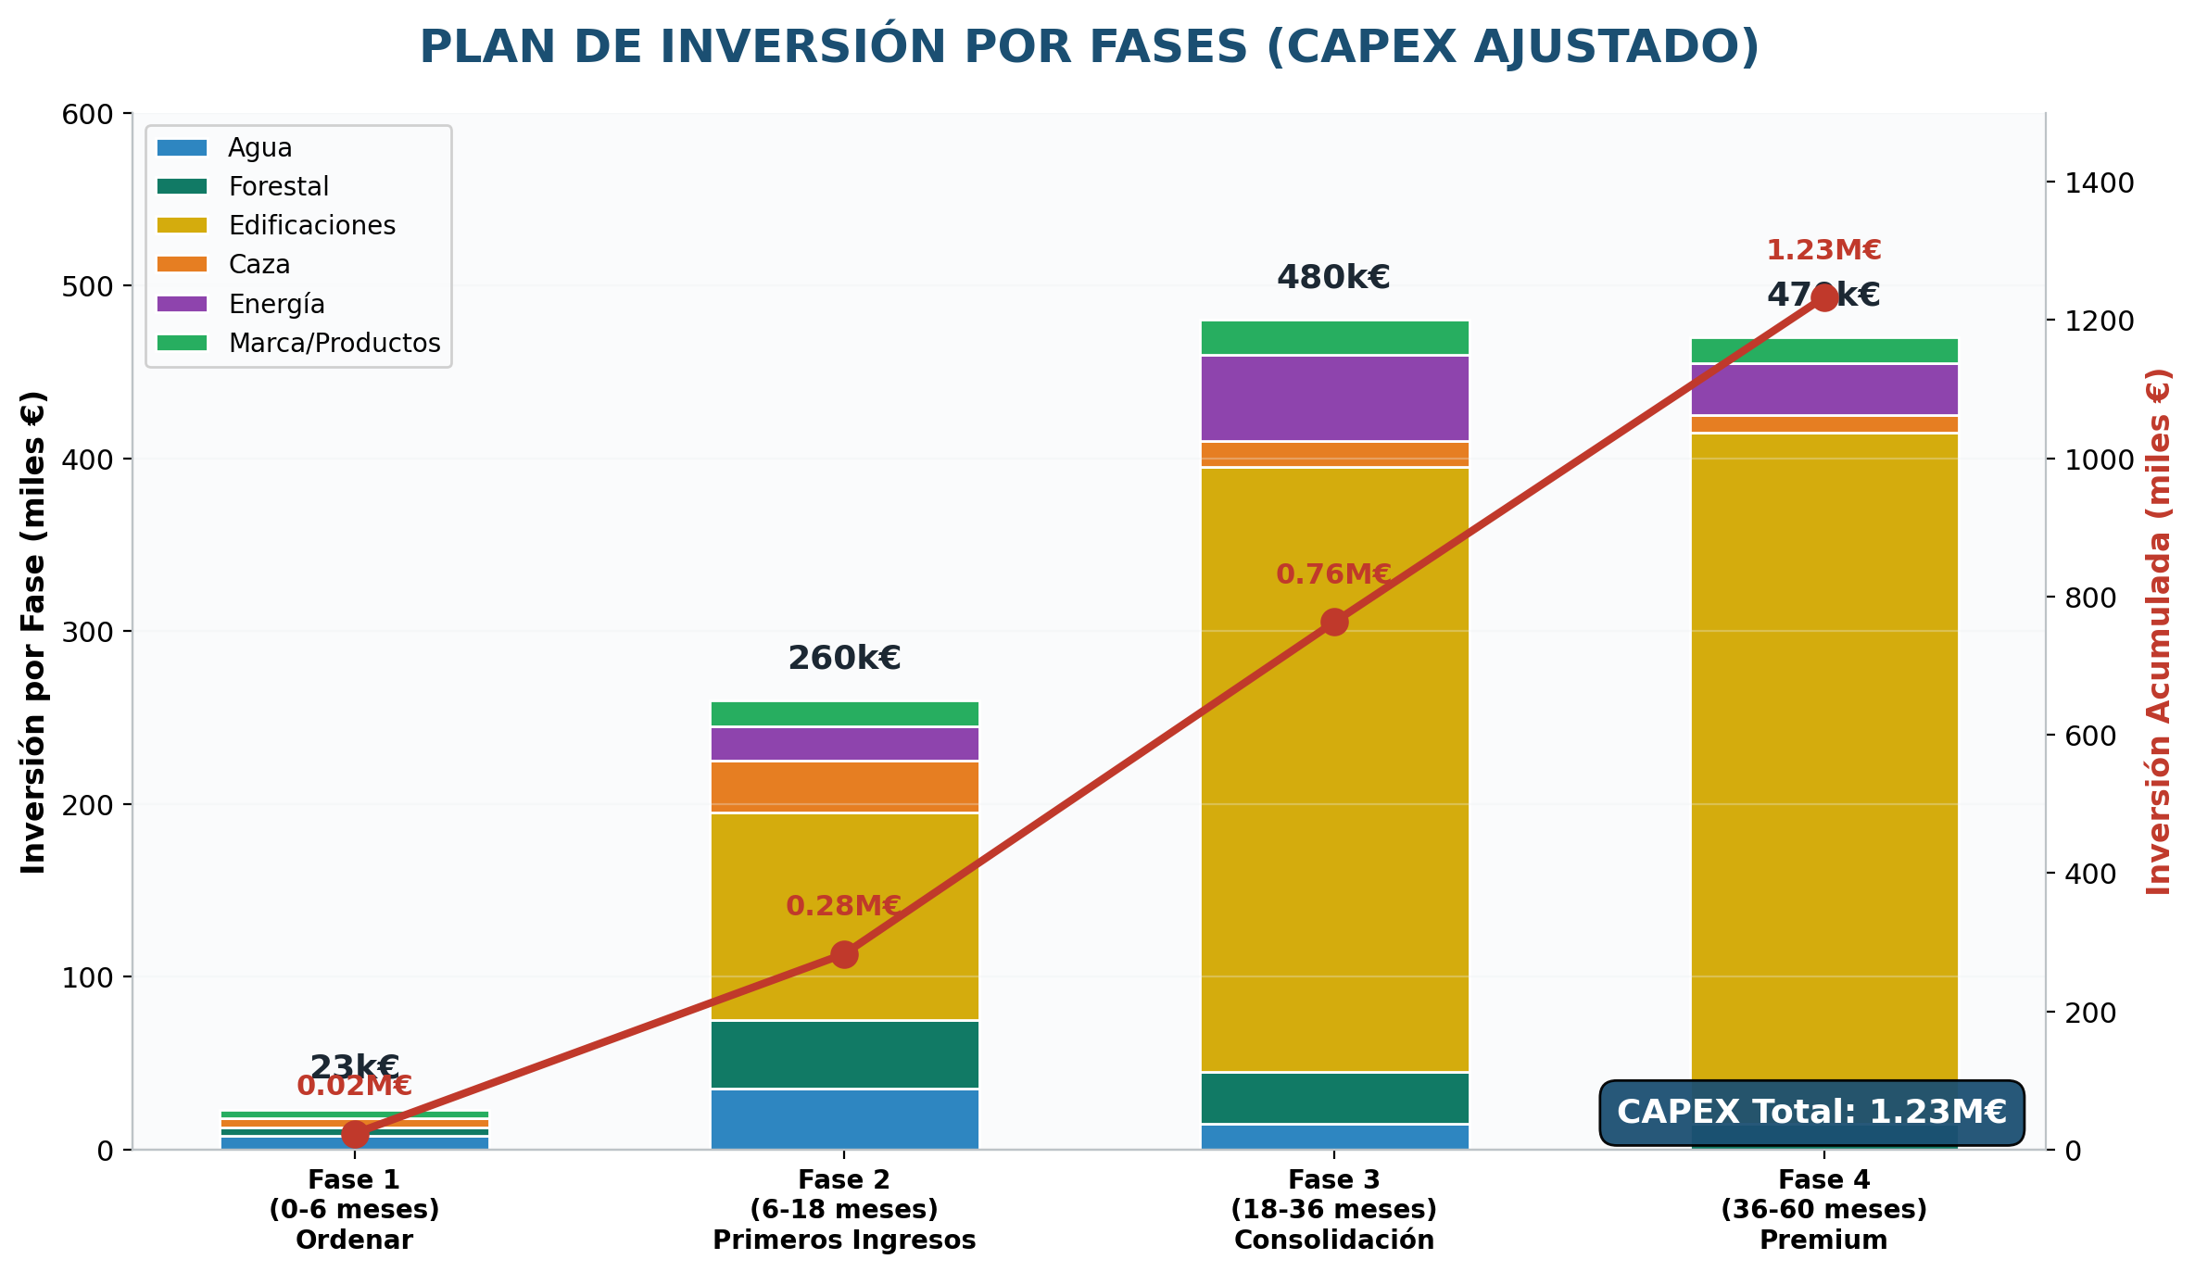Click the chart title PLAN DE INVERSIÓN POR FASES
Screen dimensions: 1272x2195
1089,46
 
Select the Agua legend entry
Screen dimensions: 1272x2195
259,148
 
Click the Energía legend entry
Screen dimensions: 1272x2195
276,304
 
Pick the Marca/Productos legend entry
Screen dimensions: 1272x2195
334,343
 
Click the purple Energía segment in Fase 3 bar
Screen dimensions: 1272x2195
1334,398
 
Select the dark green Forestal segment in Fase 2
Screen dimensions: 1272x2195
844,1054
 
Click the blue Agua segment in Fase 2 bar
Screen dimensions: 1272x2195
844,1119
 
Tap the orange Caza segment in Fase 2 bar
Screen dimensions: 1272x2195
844,787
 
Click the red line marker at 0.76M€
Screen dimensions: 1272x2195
1334,622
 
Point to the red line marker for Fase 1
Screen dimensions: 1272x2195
354,1134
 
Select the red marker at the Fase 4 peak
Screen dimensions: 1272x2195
1824,297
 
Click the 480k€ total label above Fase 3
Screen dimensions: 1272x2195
1333,277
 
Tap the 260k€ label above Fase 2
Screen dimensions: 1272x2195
844,659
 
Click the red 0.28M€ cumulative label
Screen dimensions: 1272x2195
843,906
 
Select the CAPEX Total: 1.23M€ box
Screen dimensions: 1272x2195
1811,1112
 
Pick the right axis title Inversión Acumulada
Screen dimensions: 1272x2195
2158,631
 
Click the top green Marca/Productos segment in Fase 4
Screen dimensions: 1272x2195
1824,351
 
